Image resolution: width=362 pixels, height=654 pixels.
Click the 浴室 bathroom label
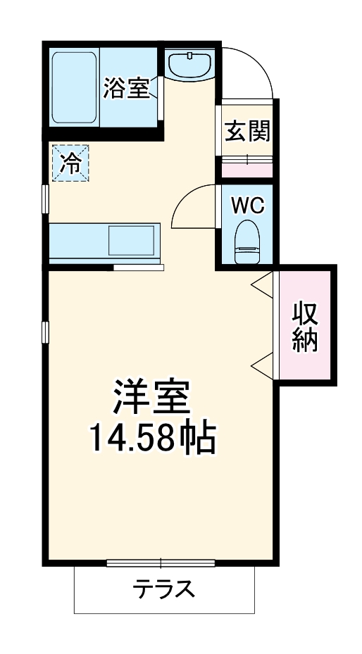pyautogui.click(x=127, y=89)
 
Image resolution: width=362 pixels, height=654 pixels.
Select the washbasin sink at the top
pyautogui.click(x=190, y=64)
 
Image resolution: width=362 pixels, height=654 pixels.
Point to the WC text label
pyautogui.click(x=247, y=205)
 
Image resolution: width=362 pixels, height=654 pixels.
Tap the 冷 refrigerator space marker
pyautogui.click(x=70, y=163)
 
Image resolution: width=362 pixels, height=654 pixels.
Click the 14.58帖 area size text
pyautogui.click(x=151, y=439)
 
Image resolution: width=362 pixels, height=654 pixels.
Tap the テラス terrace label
pyautogui.click(x=164, y=589)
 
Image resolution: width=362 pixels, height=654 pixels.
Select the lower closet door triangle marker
pyautogui.click(x=261, y=365)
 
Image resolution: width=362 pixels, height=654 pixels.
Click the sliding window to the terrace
pyautogui.click(x=161, y=562)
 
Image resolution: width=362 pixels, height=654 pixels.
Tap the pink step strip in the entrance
pyautogui.click(x=246, y=169)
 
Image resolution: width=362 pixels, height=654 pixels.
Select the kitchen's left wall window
pyautogui.click(x=45, y=199)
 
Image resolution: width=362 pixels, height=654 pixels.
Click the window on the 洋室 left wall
pyautogui.click(x=45, y=331)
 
